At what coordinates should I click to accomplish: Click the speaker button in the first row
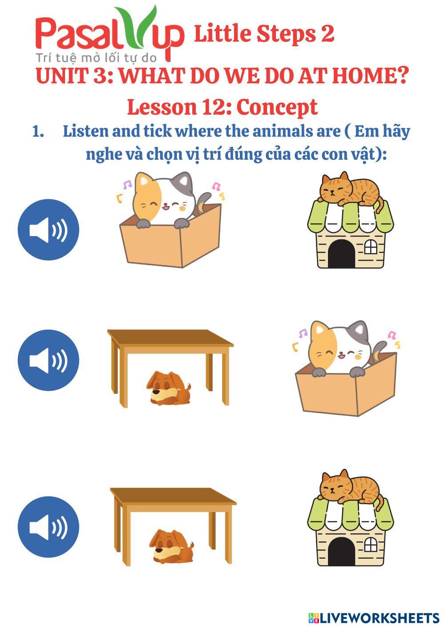[x=49, y=230]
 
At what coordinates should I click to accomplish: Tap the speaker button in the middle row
[x=49, y=360]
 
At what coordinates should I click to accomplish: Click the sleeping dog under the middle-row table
[x=169, y=388]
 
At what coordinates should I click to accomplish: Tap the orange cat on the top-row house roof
[x=351, y=189]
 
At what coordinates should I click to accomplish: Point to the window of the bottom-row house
[x=371, y=545]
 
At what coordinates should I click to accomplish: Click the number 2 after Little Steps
[x=328, y=34]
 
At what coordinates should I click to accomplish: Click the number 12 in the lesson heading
[x=214, y=107]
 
